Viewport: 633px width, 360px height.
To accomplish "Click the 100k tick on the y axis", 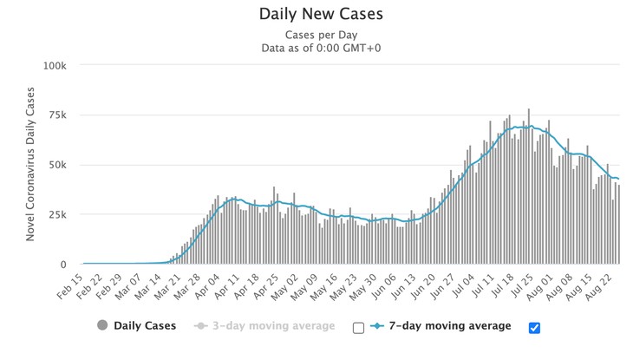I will (x=55, y=65).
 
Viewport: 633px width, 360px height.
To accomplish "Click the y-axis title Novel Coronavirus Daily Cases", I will (x=30, y=165).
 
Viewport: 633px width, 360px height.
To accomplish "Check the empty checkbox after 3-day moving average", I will (x=358, y=327).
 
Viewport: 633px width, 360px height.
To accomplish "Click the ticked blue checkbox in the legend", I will (x=534, y=327).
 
